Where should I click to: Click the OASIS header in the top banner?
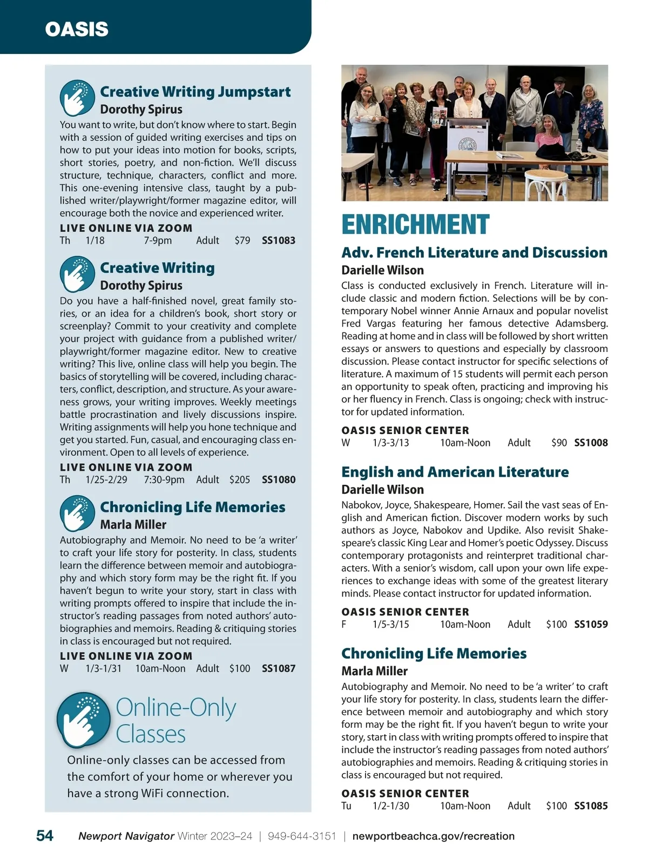tap(77, 29)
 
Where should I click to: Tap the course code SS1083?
tap(279, 241)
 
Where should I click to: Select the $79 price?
tap(242, 241)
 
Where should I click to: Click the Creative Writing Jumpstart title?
tap(195, 92)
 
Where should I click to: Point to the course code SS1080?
tap(279, 480)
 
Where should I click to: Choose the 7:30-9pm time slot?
tap(164, 480)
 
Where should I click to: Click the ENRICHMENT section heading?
tap(415, 225)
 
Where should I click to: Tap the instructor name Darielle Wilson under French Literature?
tap(382, 270)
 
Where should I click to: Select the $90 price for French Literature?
tap(559, 443)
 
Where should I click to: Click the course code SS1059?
tap(591, 625)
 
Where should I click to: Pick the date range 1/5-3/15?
tap(391, 625)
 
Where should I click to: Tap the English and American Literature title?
tap(455, 472)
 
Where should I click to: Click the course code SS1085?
tap(591, 806)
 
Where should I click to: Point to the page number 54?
tap(45, 836)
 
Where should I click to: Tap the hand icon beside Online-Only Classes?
tap(84, 720)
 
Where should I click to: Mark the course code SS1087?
tap(279, 669)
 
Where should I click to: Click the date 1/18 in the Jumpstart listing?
tap(95, 241)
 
